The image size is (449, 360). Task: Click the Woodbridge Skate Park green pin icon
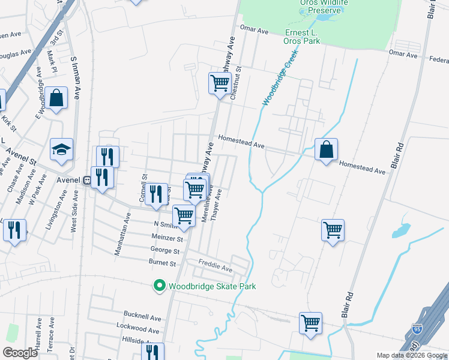click(159, 286)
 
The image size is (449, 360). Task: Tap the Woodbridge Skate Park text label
click(212, 286)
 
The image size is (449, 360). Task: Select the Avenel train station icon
click(87, 179)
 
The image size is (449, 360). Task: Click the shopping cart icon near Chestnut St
click(220, 83)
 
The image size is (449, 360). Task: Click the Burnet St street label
click(162, 263)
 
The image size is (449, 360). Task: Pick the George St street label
click(165, 250)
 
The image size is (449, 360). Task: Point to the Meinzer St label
click(167, 238)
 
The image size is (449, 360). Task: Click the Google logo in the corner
click(19, 353)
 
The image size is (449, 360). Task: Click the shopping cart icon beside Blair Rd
click(333, 230)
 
